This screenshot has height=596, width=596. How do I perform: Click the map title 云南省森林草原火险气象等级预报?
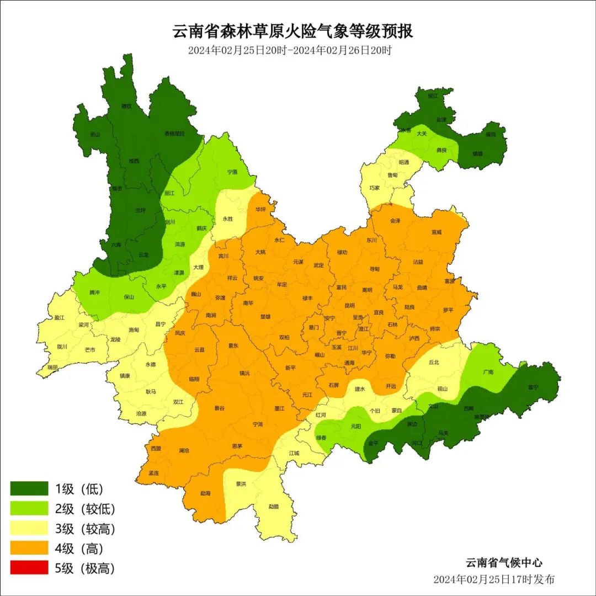click(x=293, y=31)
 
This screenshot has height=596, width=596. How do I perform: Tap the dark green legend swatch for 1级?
click(x=29, y=488)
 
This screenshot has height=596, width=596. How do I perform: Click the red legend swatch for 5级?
click(x=29, y=567)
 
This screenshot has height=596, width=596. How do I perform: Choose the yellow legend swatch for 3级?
click(x=29, y=528)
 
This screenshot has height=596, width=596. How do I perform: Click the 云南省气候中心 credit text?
click(x=504, y=563)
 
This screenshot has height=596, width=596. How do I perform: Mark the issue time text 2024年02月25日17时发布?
click(x=493, y=579)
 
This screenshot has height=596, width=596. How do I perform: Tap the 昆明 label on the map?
click(x=349, y=305)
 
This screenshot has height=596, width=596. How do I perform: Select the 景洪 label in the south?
click(x=241, y=484)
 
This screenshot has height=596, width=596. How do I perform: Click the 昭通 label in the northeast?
click(x=404, y=162)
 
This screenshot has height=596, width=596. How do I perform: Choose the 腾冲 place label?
click(x=95, y=292)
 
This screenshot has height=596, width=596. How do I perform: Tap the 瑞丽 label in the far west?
click(x=52, y=367)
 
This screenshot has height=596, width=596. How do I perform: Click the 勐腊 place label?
click(x=274, y=507)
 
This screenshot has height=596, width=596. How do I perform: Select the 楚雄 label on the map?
click(x=265, y=317)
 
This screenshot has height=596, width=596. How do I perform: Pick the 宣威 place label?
click(x=437, y=232)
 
